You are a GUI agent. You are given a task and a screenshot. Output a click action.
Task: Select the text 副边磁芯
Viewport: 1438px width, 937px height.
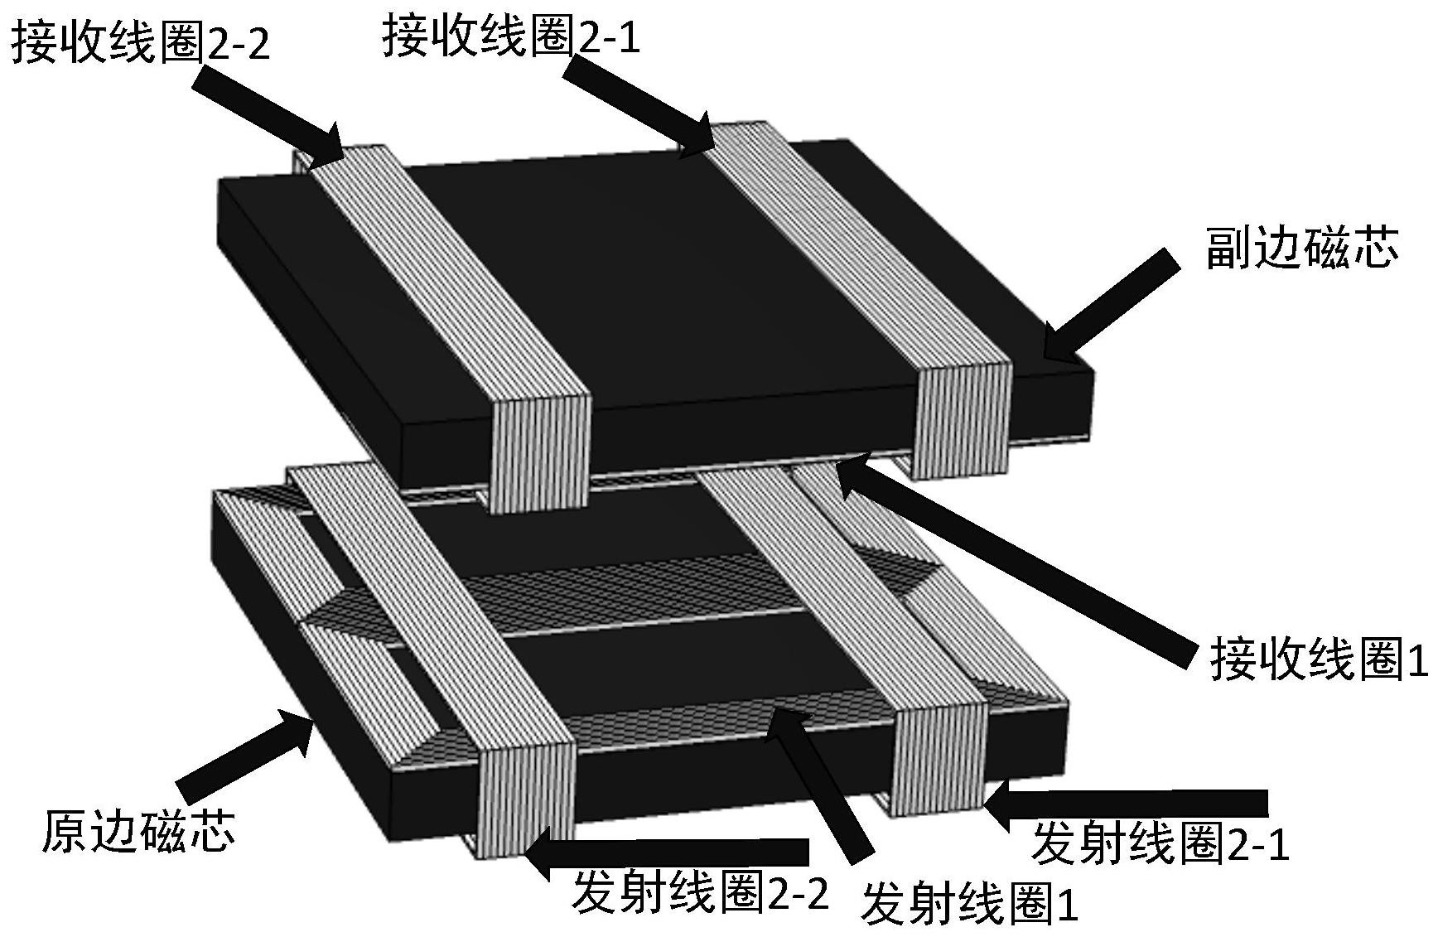(1301, 249)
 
